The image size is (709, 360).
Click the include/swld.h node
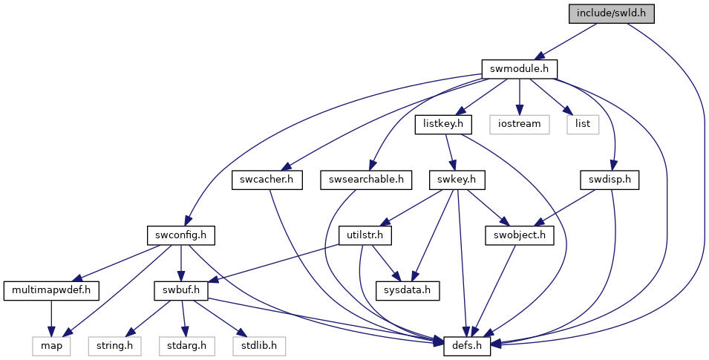[x=611, y=13]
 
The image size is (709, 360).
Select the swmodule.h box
[x=519, y=69]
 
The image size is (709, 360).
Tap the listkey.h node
[x=443, y=124]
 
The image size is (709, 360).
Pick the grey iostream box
[x=519, y=124]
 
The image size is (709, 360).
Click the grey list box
[x=583, y=124]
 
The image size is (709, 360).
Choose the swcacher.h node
[x=267, y=180]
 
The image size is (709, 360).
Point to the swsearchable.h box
[x=366, y=180]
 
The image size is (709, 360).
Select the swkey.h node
[x=457, y=180]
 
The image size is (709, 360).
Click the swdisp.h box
[x=610, y=180]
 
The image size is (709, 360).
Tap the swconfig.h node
[x=181, y=235]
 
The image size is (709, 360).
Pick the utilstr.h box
[x=365, y=235]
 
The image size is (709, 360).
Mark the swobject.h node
[x=520, y=235]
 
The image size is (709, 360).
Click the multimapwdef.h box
[x=51, y=290]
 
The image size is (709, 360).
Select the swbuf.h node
[x=181, y=290]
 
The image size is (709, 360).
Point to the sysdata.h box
[x=408, y=290]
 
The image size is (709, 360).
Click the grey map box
[x=51, y=346]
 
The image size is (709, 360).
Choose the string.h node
[x=114, y=346]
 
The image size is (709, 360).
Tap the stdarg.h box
[x=187, y=346]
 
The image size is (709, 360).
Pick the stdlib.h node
[x=259, y=346]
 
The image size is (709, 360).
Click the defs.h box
[x=467, y=346]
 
